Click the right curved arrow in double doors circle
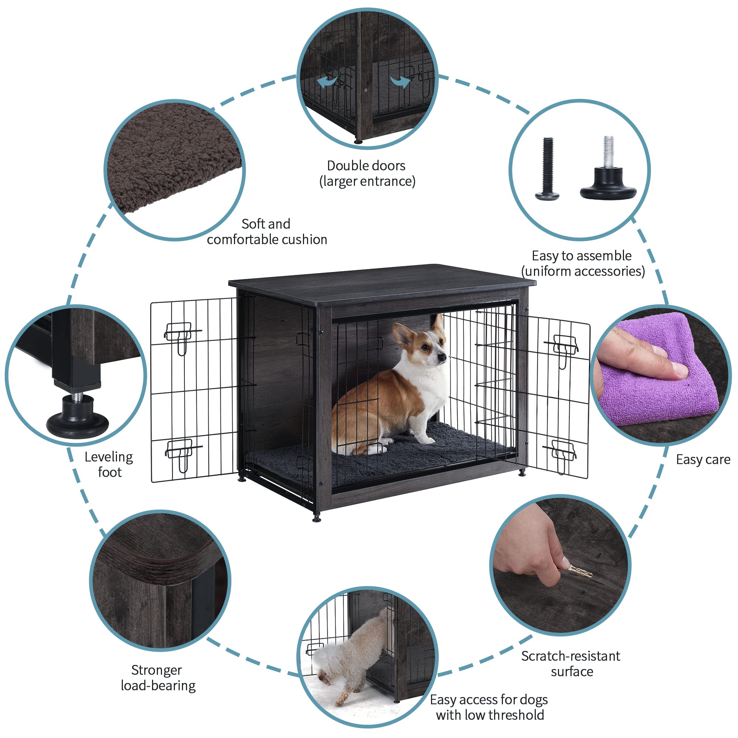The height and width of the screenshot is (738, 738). [400, 81]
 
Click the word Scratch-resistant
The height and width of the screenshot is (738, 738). [570, 656]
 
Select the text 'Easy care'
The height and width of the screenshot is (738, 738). [703, 459]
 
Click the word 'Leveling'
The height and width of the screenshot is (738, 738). [109, 457]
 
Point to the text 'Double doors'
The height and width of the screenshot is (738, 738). [366, 166]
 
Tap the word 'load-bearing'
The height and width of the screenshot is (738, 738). [158, 686]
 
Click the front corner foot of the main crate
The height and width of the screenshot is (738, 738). [316, 518]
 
